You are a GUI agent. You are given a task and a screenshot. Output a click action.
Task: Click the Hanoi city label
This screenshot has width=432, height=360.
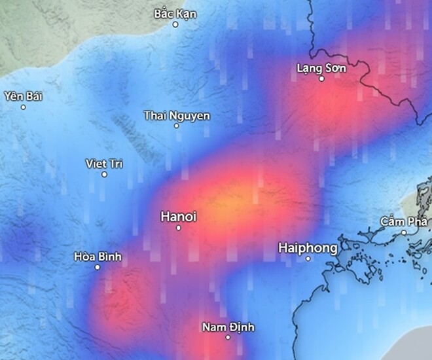pos(178,217)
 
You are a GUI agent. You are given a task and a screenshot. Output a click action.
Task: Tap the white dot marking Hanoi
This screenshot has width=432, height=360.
pos(179,228)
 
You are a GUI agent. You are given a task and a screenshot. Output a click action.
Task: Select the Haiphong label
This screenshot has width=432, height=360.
pos(308,247)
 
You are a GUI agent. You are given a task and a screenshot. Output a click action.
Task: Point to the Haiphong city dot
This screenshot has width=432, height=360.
pos(308,259)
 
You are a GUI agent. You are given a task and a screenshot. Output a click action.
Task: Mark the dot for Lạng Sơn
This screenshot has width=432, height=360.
pos(321,79)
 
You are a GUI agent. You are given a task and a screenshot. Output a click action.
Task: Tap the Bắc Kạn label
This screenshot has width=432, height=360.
pos(175,13)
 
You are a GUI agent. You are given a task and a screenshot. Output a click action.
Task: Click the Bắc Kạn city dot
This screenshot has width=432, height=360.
pos(175,24)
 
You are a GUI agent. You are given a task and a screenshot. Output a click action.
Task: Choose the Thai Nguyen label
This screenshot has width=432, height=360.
pos(177,116)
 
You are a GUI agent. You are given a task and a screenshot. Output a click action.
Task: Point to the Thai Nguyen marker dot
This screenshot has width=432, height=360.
pos(176,126)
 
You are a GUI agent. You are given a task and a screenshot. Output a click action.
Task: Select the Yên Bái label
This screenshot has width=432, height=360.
pos(23,96)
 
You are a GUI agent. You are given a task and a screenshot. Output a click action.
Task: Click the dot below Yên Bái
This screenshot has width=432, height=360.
pos(23,107)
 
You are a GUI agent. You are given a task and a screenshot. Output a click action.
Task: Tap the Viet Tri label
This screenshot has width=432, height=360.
pos(104,164)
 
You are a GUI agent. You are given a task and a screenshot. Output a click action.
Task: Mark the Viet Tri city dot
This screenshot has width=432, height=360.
pos(104,174)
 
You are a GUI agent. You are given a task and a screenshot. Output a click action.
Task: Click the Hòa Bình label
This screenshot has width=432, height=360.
pos(98,257)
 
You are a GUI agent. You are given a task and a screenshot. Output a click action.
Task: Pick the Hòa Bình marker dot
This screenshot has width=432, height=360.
pos(98,267)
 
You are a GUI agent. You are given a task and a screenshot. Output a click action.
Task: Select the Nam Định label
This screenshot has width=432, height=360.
pos(228,327)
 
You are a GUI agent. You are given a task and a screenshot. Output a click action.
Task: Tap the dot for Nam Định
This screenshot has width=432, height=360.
pos(228,337)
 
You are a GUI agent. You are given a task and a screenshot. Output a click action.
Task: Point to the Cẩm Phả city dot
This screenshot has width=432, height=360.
pos(404,232)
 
